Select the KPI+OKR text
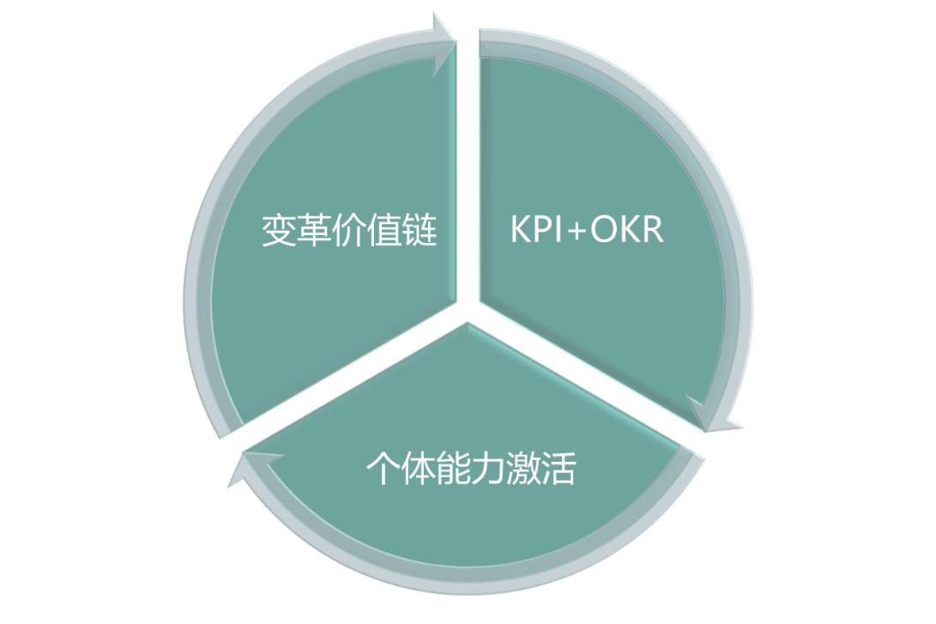[587, 230]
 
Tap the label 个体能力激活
[470, 469]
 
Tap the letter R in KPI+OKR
[651, 230]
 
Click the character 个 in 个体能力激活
[383, 469]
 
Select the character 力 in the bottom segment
[488, 469]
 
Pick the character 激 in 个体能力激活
[523, 469]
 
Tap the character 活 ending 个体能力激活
[559, 469]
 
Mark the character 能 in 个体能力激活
[453, 469]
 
